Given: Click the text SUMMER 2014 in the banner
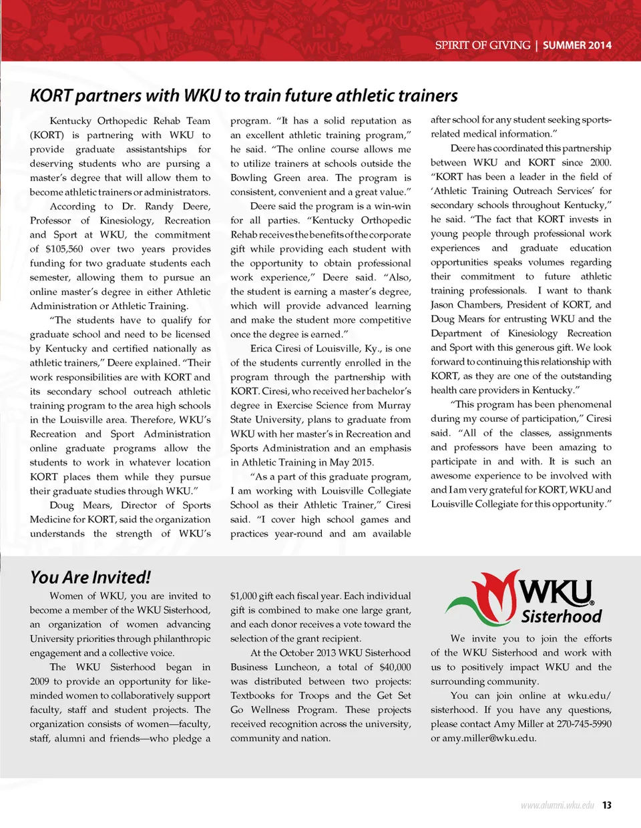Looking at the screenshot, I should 577,45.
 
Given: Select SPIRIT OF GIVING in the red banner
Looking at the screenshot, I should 482,45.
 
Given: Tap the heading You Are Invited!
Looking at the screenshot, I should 90,577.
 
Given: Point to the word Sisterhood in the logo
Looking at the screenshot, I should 561,616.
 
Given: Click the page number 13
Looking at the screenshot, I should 606,805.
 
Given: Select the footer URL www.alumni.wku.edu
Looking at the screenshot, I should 557,805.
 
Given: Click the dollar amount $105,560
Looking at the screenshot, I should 65,249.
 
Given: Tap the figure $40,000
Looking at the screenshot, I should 395,667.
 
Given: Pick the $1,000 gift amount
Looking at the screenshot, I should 244,596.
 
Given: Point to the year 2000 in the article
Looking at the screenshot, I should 600,162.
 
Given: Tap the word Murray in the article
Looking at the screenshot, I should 393,406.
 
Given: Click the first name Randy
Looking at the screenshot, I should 158,206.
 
